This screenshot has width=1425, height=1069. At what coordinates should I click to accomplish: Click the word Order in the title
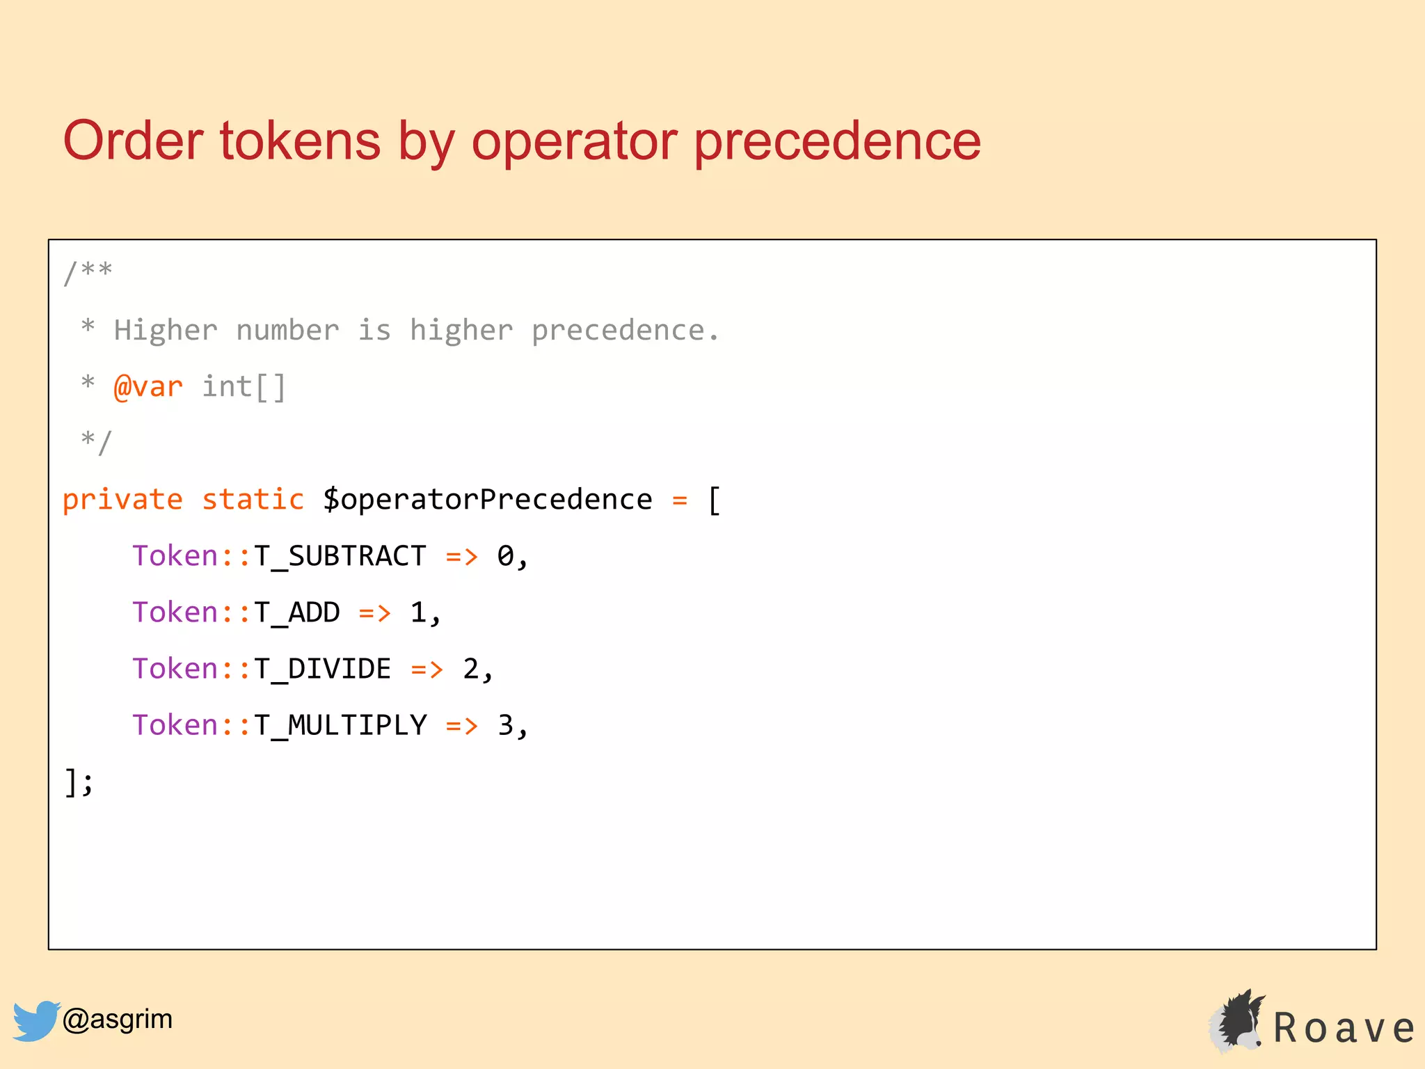[133, 141]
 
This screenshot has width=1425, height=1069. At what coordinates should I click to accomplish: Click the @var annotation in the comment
[148, 387]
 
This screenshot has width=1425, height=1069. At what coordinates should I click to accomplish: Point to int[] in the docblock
[244, 387]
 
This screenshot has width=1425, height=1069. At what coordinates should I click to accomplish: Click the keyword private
[122, 500]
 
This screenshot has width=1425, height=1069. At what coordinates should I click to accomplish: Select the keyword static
[253, 500]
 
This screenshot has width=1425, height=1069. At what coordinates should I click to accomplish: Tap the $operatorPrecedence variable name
[487, 500]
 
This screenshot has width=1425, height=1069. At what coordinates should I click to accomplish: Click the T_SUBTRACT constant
[340, 557]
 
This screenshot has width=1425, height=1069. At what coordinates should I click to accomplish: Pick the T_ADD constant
[296, 613]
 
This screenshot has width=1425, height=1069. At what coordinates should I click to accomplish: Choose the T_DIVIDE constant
[322, 670]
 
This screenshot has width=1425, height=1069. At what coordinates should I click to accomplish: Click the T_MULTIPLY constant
[340, 726]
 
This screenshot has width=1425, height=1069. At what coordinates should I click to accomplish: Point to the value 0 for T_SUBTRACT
[505, 556]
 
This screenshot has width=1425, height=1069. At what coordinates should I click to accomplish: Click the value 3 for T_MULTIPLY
[505, 726]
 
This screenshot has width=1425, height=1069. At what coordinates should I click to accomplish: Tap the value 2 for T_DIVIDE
[470, 670]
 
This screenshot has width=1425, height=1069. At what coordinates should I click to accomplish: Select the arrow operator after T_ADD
[374, 613]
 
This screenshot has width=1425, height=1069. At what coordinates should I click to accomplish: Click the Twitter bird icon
[35, 1020]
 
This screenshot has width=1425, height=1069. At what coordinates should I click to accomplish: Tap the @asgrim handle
[118, 1019]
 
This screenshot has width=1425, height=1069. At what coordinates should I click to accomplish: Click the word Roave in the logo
[1344, 1028]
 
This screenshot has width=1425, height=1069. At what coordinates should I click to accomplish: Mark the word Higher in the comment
[166, 331]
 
